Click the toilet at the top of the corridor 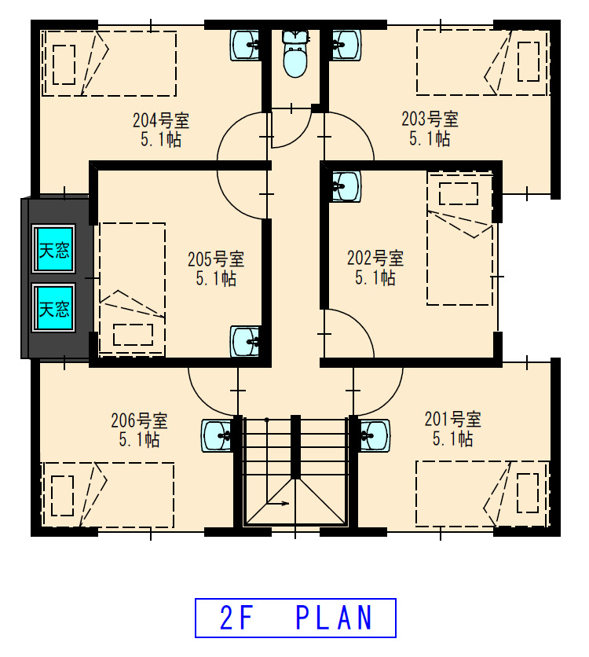pyautogui.click(x=295, y=53)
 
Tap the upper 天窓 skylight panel pyautogui.click(x=54, y=249)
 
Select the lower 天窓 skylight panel pyautogui.click(x=54, y=308)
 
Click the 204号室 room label pyautogui.click(x=161, y=121)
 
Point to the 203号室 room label pyautogui.click(x=430, y=119)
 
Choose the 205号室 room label pyautogui.click(x=216, y=259)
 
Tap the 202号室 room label pyautogui.click(x=375, y=258)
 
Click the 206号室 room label pyautogui.click(x=140, y=420)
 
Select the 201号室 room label pyautogui.click(x=453, y=419)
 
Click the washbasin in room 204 pyautogui.click(x=246, y=45)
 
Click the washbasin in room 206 pyautogui.click(x=217, y=435)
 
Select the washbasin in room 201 pyautogui.click(x=374, y=435)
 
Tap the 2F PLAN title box pyautogui.click(x=295, y=618)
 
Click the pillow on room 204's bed pyautogui.click(x=64, y=64)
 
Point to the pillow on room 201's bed pyautogui.click(x=528, y=493)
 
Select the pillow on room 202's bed pyautogui.click(x=459, y=193)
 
